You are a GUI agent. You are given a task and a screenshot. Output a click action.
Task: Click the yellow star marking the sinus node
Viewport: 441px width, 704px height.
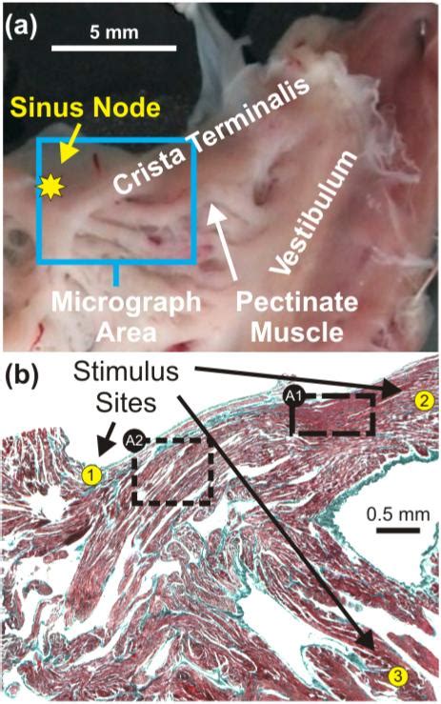(50, 188)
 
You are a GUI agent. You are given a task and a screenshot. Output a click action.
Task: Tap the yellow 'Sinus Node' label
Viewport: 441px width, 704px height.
(86, 108)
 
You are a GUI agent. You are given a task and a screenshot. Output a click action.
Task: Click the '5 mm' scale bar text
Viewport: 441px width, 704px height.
(114, 31)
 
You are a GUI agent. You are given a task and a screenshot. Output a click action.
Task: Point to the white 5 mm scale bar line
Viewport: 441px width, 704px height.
(114, 47)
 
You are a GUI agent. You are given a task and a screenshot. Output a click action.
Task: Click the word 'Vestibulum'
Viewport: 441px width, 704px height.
(314, 211)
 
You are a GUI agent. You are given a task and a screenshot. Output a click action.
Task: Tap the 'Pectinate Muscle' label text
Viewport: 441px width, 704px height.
(297, 317)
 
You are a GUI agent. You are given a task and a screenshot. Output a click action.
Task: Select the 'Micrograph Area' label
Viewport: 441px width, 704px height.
(126, 317)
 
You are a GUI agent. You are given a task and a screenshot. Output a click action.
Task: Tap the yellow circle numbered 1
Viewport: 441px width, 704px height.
(91, 475)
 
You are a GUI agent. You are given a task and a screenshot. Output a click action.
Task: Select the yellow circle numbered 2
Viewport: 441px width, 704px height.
(425, 400)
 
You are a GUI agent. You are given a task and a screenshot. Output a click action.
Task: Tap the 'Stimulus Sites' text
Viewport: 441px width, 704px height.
(126, 387)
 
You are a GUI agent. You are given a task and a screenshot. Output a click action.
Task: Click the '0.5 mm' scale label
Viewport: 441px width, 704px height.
(398, 513)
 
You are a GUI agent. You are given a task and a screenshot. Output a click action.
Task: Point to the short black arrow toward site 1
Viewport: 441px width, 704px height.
(107, 439)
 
